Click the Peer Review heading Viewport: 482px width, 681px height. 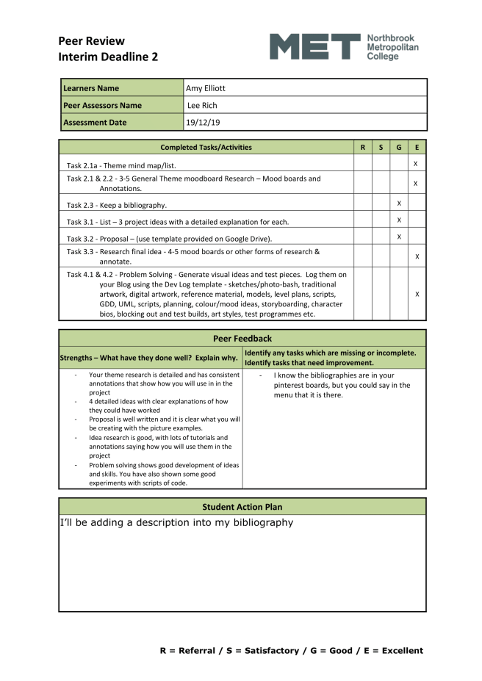91,41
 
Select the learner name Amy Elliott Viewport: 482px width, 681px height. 206,88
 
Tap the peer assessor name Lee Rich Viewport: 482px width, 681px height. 202,105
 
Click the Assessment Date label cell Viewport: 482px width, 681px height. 95,123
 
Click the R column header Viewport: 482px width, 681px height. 362,148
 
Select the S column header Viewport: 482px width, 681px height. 381,148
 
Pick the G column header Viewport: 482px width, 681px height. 398,148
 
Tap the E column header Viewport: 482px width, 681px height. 417,148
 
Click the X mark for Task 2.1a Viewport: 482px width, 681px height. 416,163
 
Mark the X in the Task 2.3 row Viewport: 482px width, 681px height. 398,202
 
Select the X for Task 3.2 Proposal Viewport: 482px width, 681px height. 398,237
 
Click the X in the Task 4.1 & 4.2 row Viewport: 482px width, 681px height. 417,294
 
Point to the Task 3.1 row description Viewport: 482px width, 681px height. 177,221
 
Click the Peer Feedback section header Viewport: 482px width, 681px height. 242,339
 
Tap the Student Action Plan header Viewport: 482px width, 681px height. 242,507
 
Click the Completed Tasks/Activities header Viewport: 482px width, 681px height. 206,148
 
